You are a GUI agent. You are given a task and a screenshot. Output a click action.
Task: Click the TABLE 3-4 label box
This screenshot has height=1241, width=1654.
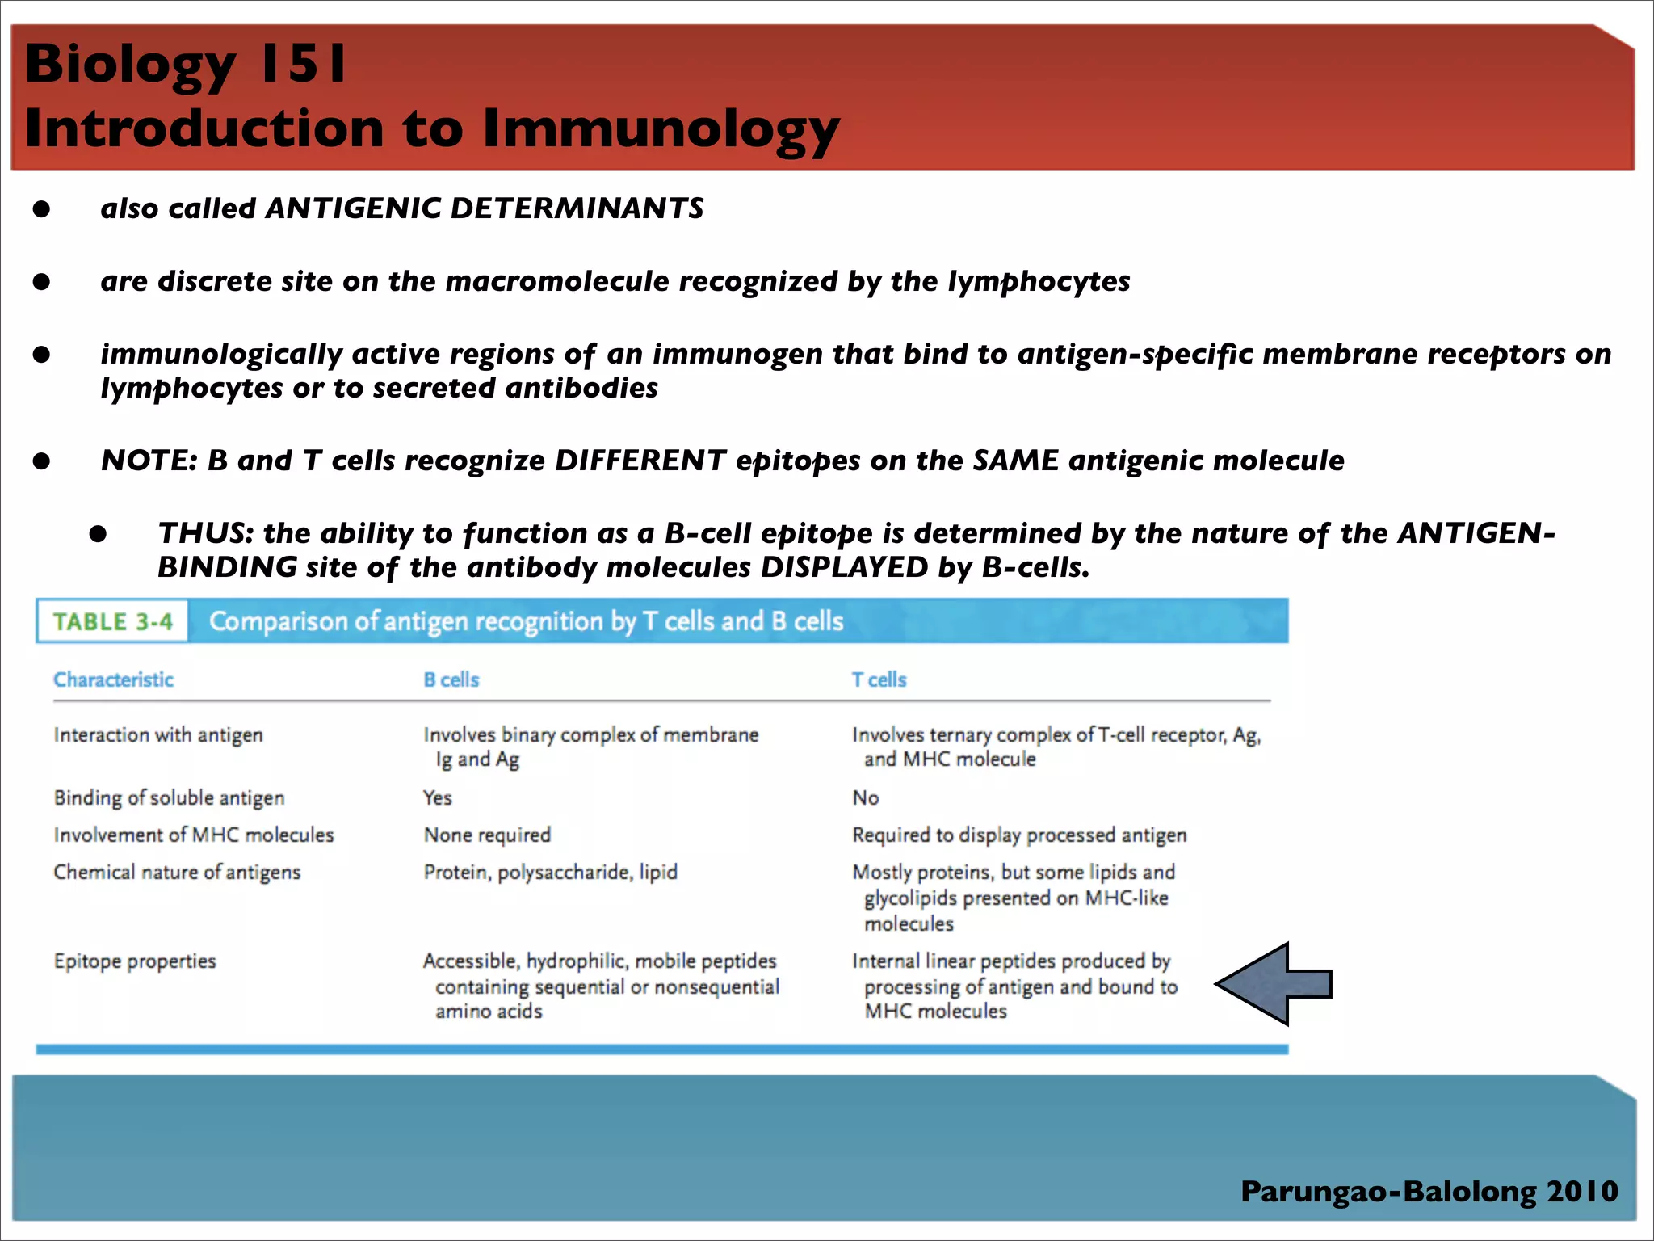pyautogui.click(x=113, y=621)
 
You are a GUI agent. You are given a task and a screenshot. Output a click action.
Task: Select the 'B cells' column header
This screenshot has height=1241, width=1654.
pyautogui.click(x=451, y=679)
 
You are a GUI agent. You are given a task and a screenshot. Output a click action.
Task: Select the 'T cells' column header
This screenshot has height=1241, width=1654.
pyautogui.click(x=879, y=679)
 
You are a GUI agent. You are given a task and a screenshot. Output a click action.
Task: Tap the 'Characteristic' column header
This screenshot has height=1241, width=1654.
pyautogui.click(x=113, y=679)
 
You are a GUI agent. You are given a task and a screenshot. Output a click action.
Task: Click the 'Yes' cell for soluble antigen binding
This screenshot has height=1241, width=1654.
pyautogui.click(x=437, y=797)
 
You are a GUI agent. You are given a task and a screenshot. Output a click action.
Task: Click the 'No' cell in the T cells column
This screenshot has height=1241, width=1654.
pyautogui.click(x=865, y=797)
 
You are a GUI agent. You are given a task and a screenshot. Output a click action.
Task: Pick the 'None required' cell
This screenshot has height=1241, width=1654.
pyautogui.click(x=487, y=835)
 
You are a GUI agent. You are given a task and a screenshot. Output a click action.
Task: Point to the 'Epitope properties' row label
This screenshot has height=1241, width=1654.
pyautogui.click(x=135, y=961)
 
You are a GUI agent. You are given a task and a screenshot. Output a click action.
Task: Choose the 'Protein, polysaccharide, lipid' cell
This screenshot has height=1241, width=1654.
pyautogui.click(x=550, y=872)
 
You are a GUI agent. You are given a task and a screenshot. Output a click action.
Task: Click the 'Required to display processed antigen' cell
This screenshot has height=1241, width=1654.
pyautogui.click(x=1019, y=835)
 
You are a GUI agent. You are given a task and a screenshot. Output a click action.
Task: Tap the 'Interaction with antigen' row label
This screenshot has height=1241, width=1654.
pyautogui.click(x=158, y=734)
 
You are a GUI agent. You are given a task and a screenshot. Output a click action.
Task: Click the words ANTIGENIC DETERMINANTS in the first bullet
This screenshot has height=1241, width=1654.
pyautogui.click(x=485, y=208)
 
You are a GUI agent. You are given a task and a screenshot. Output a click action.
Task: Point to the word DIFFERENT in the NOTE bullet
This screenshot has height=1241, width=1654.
pyautogui.click(x=640, y=461)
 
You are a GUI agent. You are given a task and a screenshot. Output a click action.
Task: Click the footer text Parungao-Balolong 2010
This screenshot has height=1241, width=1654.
pyautogui.click(x=1429, y=1191)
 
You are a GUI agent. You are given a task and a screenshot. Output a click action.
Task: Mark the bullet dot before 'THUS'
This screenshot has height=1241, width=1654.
pyautogui.click(x=99, y=534)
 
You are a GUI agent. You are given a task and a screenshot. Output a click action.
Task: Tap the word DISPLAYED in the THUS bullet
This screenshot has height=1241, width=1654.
pyautogui.click(x=844, y=567)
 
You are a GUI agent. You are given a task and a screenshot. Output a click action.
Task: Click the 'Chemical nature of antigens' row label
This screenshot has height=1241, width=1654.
pyautogui.click(x=177, y=872)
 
